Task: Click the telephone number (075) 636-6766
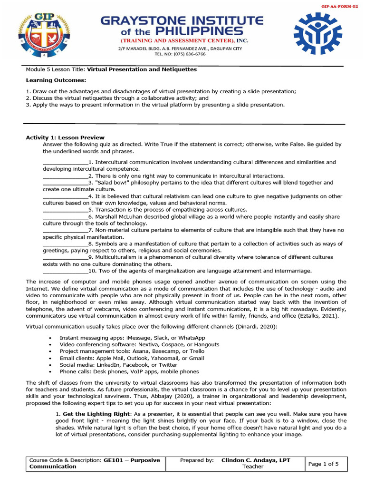coord(187,54)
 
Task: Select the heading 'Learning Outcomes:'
coord(49,80)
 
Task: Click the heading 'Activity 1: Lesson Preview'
coord(65,137)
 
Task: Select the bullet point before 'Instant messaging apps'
coord(50,338)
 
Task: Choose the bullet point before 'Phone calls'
coord(50,371)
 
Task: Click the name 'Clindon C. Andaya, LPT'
coord(256,460)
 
